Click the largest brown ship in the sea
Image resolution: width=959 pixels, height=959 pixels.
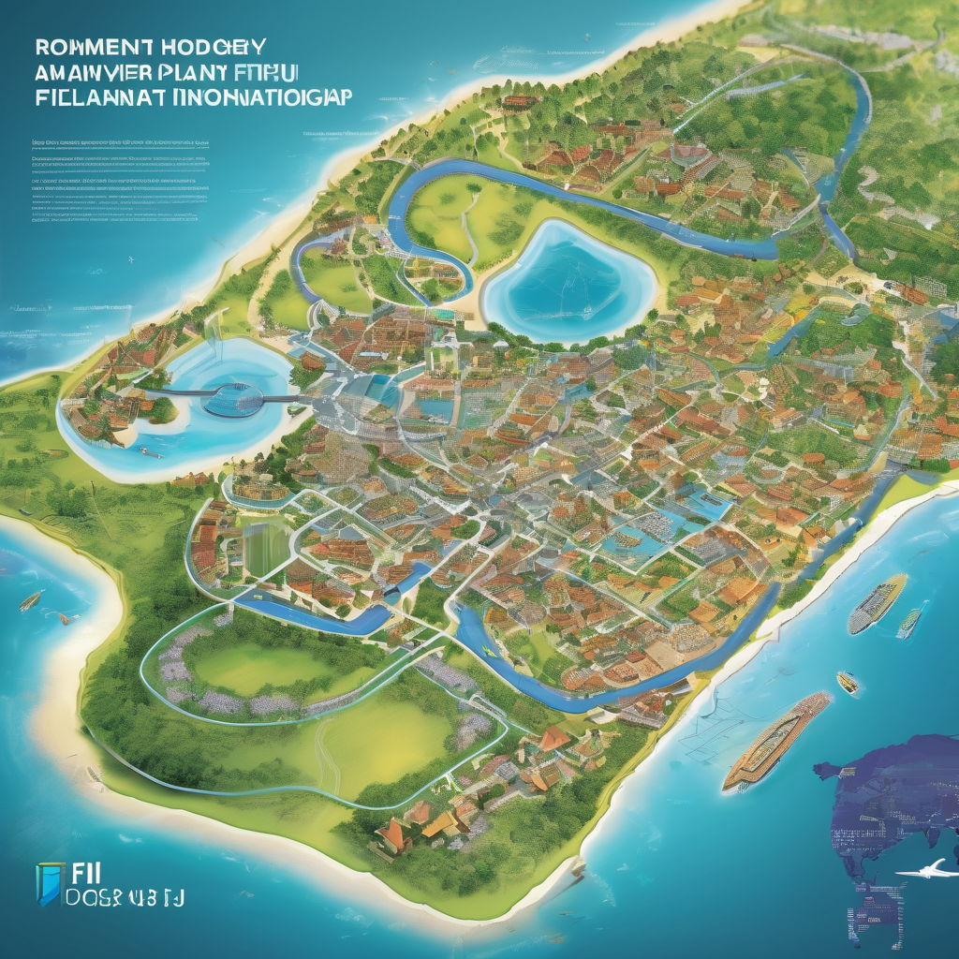(x=775, y=742)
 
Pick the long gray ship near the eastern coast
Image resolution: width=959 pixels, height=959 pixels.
(x=877, y=602)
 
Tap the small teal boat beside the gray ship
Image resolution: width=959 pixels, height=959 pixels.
(x=907, y=623)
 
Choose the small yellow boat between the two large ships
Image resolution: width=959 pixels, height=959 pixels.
(x=847, y=682)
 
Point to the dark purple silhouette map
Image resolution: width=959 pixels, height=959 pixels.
(x=890, y=805)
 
